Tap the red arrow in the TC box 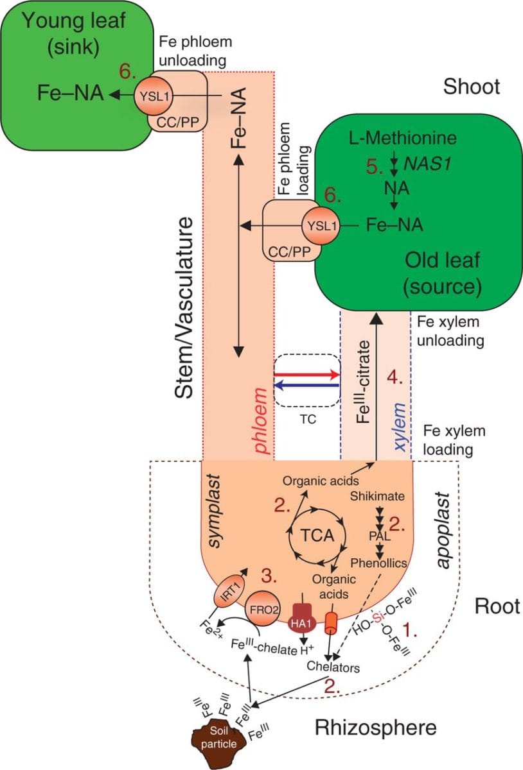(x=306, y=373)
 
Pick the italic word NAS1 (x=425, y=164)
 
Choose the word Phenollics (x=380, y=563)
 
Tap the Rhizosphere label (x=375, y=728)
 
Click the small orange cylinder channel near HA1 (x=332, y=621)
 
